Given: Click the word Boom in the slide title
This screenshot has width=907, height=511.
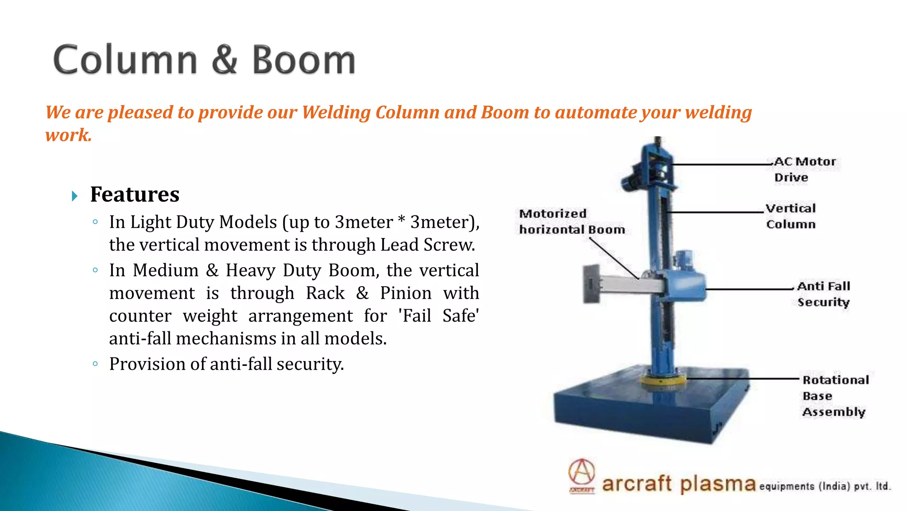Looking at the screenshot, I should coord(304,60).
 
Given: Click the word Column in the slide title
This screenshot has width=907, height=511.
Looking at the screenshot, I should coord(125,60).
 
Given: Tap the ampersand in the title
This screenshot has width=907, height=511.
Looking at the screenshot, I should coord(225,60).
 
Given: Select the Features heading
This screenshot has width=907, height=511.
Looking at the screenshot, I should coord(135,194).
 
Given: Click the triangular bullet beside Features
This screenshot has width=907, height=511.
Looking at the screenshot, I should coord(74,196).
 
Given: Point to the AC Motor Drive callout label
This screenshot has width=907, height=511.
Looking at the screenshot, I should coord(804,169).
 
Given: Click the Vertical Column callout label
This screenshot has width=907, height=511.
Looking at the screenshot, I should coord(791,216).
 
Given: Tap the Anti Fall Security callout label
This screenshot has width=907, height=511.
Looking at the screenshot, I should coord(823,294).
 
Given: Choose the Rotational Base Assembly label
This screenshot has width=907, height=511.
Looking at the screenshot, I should coord(835,396).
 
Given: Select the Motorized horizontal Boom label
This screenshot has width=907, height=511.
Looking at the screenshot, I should coord(572,222).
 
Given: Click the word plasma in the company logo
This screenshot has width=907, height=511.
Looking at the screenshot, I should coord(717,484).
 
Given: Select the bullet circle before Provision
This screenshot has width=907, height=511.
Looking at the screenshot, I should coord(95,364).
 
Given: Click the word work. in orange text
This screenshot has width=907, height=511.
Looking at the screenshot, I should coord(69,135).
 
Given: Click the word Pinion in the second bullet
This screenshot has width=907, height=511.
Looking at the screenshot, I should coord(406,293).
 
